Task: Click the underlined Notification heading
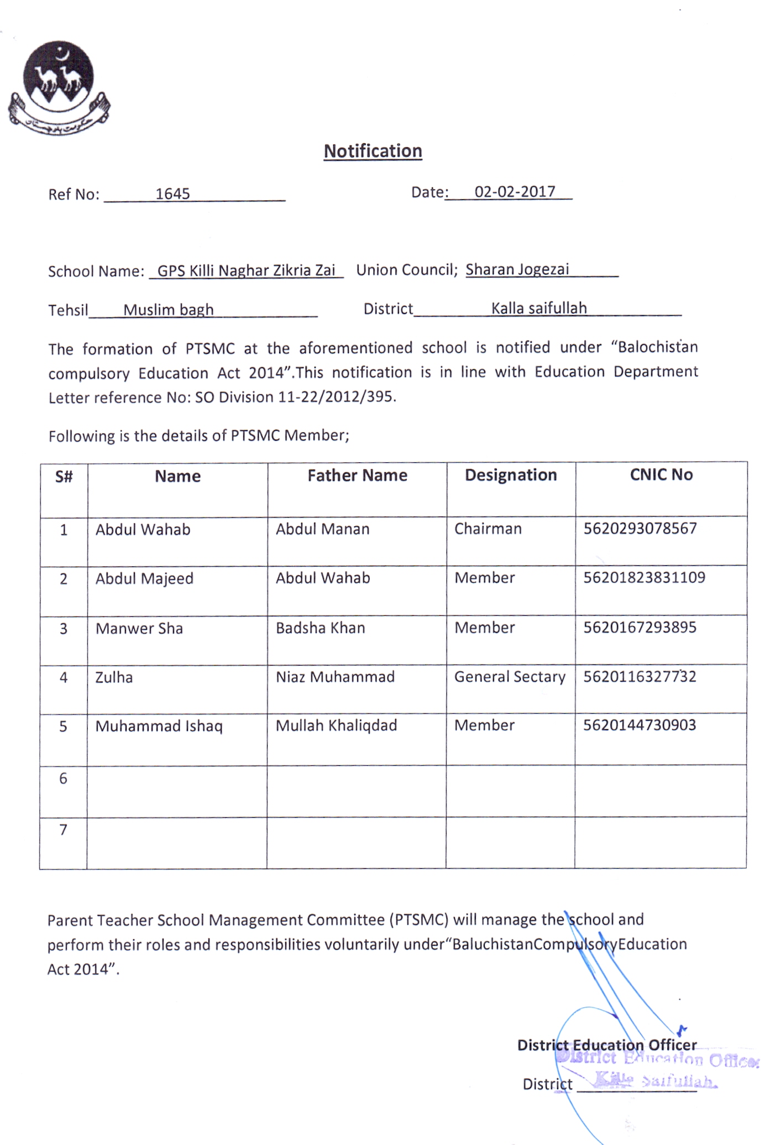pyautogui.click(x=373, y=151)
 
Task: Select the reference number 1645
pyautogui.click(x=172, y=194)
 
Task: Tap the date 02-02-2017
pyautogui.click(x=515, y=191)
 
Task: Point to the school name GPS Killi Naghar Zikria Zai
pyautogui.click(x=247, y=270)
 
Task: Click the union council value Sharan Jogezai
pyautogui.click(x=517, y=269)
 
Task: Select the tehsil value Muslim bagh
pyautogui.click(x=168, y=310)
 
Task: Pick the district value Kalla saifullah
pyautogui.click(x=539, y=308)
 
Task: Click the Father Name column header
pyautogui.click(x=357, y=475)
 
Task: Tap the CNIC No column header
pyautogui.click(x=661, y=474)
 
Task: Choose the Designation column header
pyautogui.click(x=511, y=475)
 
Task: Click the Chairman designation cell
pyautogui.click(x=488, y=529)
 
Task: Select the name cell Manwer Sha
pyautogui.click(x=139, y=629)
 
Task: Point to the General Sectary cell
pyautogui.click(x=510, y=677)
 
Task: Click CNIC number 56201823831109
pyautogui.click(x=645, y=578)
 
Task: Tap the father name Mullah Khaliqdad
pyautogui.click(x=336, y=725)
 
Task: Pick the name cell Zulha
pyautogui.click(x=114, y=678)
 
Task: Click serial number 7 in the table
pyautogui.click(x=64, y=830)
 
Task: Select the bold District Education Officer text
pyautogui.click(x=606, y=1045)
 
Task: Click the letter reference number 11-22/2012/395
pyautogui.click(x=337, y=397)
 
